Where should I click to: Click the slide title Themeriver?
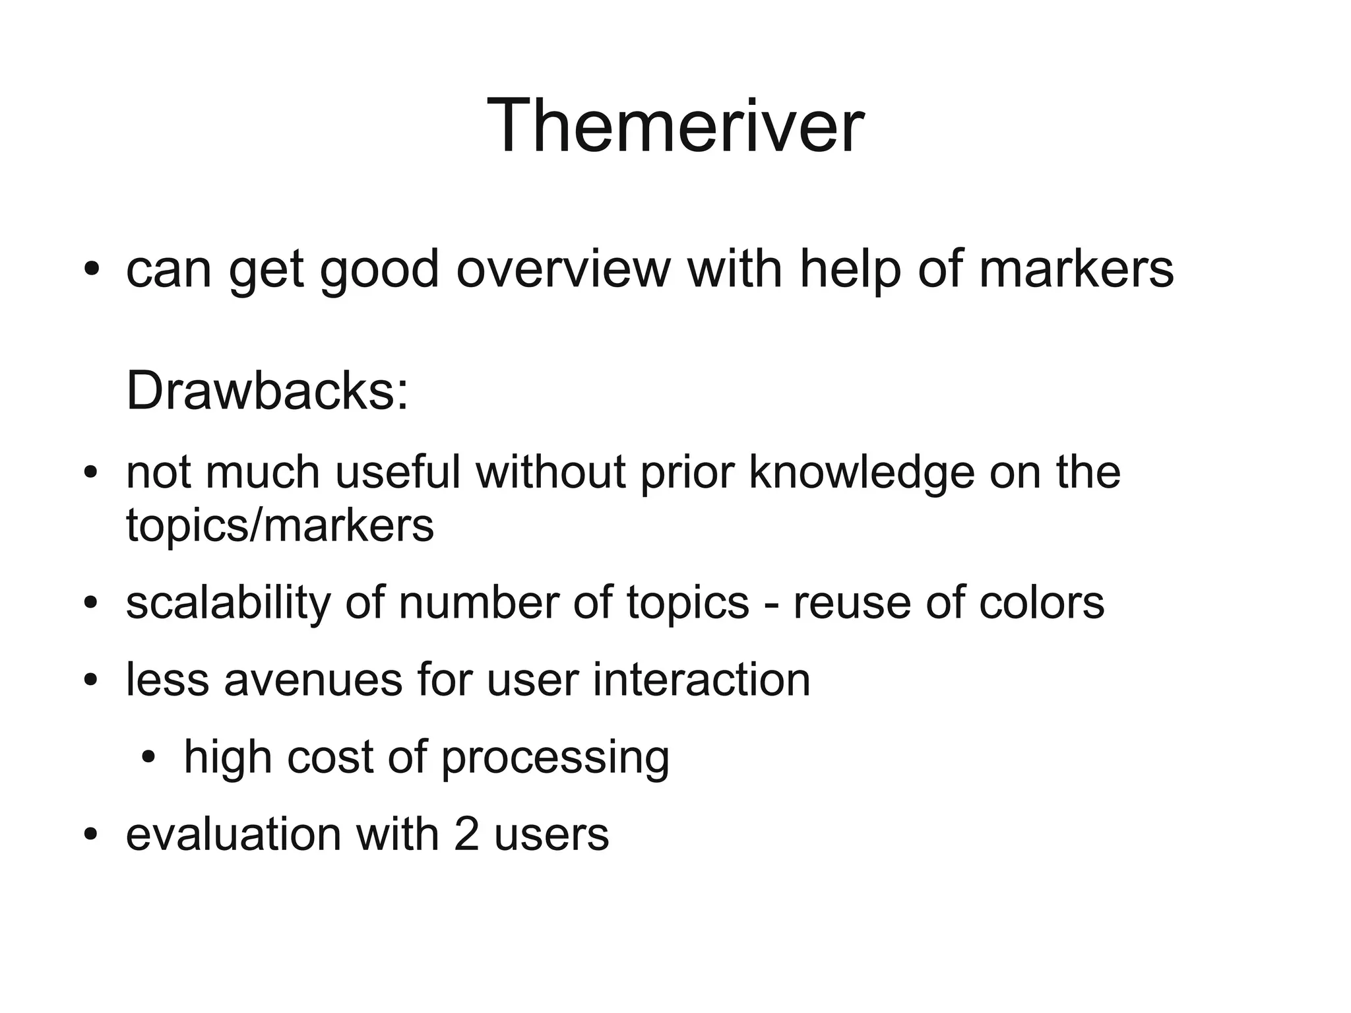click(x=675, y=125)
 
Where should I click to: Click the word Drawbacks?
click(x=267, y=391)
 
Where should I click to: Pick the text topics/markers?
click(x=280, y=525)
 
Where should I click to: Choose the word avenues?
click(x=313, y=680)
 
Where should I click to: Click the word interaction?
click(x=701, y=680)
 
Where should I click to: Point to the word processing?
click(x=555, y=758)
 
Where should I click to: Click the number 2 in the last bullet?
click(x=466, y=834)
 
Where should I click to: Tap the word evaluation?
click(x=234, y=834)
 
